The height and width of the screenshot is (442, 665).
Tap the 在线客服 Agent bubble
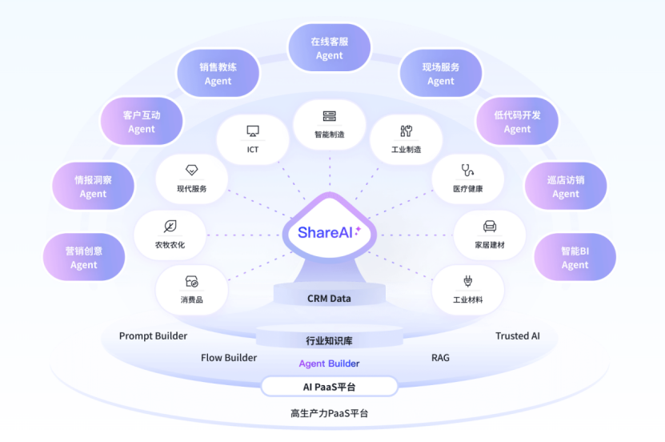click(x=329, y=48)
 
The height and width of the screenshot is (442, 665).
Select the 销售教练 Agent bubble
click(x=218, y=74)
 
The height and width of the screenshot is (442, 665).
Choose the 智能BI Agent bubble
click(x=575, y=258)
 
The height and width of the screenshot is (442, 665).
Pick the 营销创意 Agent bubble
click(x=84, y=258)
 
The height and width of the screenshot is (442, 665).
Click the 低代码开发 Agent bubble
click(x=517, y=122)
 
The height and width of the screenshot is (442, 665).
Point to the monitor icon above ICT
click(x=253, y=131)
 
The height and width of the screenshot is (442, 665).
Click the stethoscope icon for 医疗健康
click(x=467, y=170)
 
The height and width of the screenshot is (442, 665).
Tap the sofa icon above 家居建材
click(x=490, y=227)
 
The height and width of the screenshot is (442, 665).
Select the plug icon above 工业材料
click(x=467, y=281)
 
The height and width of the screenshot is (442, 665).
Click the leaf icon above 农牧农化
click(x=170, y=226)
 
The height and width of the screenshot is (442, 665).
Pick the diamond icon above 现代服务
click(x=191, y=171)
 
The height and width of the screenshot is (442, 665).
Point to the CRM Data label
click(x=329, y=299)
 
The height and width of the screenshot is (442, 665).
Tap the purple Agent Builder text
click(x=329, y=364)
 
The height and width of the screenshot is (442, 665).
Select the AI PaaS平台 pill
click(x=329, y=387)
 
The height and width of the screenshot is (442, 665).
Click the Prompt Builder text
click(x=153, y=336)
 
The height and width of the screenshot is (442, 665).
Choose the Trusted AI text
click(x=518, y=336)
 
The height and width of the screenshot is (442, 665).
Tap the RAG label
click(x=440, y=358)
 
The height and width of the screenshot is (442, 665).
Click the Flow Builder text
click(x=229, y=358)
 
